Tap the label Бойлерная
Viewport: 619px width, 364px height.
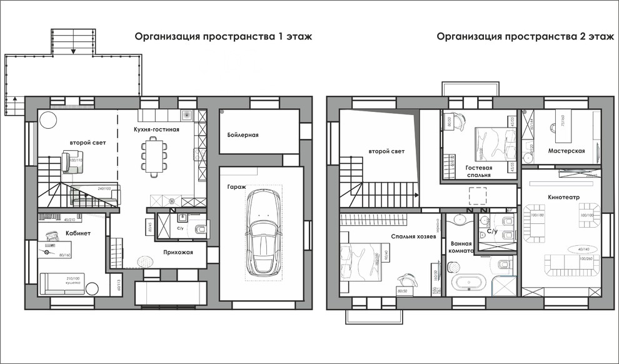tap(243, 135)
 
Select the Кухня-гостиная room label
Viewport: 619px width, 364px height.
tap(156, 129)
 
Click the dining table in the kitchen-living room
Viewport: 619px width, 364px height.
tap(154, 154)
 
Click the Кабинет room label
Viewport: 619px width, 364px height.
tap(78, 233)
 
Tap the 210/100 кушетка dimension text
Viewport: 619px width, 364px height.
tap(74, 280)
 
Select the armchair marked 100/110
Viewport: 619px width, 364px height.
tap(71, 161)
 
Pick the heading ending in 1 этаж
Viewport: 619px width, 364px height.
tap(223, 36)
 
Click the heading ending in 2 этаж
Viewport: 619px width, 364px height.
tap(525, 36)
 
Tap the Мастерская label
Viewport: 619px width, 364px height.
tap(566, 151)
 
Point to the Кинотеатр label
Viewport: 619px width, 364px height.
tap(564, 197)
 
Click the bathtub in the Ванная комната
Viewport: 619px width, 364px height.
tap(469, 283)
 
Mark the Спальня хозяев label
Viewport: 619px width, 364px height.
tap(413, 236)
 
